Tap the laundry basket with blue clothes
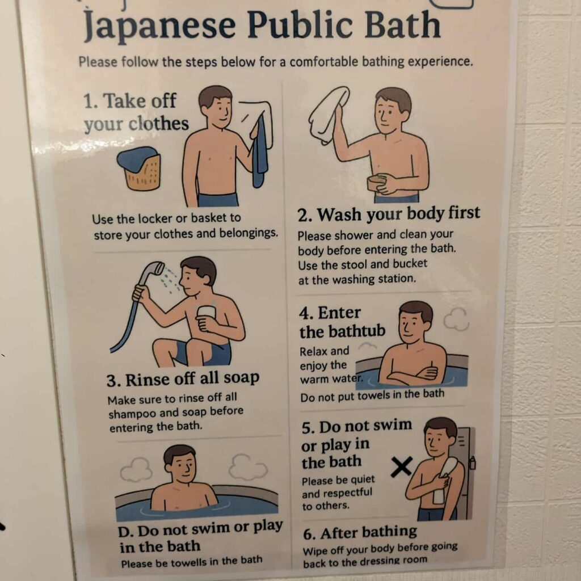tap(140, 168)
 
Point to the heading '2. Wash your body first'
tap(389, 214)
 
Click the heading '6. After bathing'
tap(360, 533)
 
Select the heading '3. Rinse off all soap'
tap(183, 379)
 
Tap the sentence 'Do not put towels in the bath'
tap(372, 395)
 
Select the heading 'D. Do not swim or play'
tap(200, 528)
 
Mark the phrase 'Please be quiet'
tap(338, 480)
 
